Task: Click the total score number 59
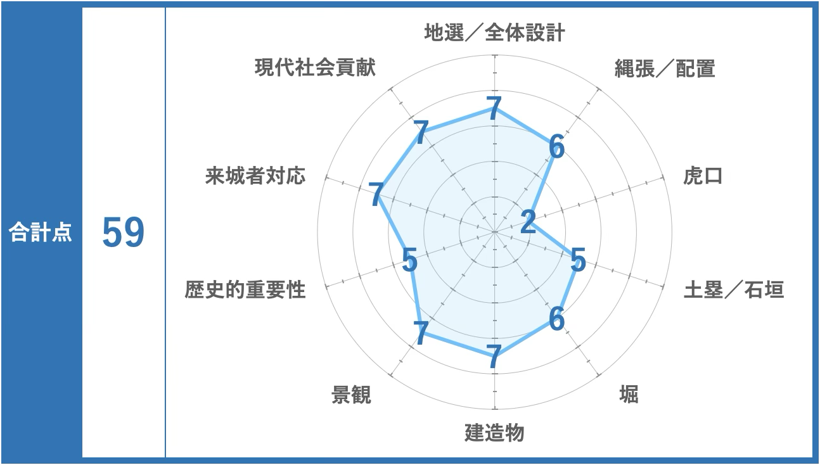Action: [x=124, y=232]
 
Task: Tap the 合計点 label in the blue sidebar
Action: [x=41, y=232]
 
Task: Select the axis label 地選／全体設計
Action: [x=494, y=32]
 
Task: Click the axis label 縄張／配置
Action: [x=665, y=68]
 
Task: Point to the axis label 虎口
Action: [x=703, y=176]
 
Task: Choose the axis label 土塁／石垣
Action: [x=734, y=290]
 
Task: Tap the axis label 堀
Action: [x=629, y=394]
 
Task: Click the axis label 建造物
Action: [x=494, y=433]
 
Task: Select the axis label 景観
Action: [x=352, y=395]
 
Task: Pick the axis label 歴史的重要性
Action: [x=245, y=290]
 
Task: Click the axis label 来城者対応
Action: [x=255, y=175]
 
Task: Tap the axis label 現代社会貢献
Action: [x=315, y=68]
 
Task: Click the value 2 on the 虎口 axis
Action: [x=529, y=222]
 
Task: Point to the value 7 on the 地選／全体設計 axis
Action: [x=494, y=108]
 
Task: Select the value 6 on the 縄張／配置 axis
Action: [x=557, y=146]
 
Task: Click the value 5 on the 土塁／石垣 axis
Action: [x=579, y=259]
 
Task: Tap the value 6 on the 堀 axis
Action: [x=557, y=318]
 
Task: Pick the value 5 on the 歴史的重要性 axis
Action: [x=409, y=260]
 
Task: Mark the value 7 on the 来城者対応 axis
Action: [x=376, y=194]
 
